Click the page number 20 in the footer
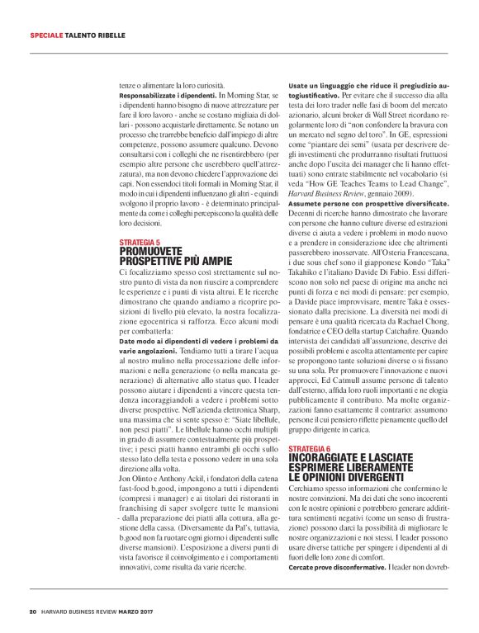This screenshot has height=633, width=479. pyautogui.click(x=32, y=612)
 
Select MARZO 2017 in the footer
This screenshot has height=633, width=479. pyautogui.click(x=154, y=612)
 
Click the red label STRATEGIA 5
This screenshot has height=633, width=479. pyautogui.click(x=140, y=242)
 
